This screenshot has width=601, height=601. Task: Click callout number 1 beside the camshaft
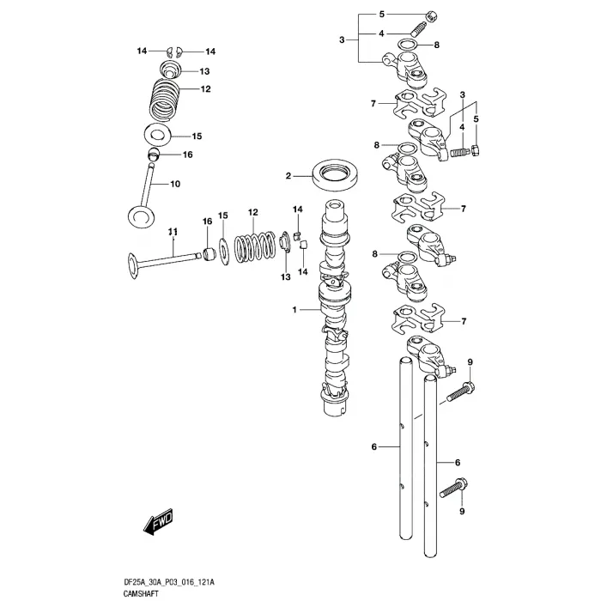tap(293, 309)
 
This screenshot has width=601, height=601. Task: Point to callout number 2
tap(289, 177)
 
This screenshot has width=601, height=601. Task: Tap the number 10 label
tap(175, 184)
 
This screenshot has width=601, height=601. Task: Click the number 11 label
tap(172, 233)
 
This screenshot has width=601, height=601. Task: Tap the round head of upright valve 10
tap(143, 216)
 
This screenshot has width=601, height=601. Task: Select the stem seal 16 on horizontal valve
tap(207, 254)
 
